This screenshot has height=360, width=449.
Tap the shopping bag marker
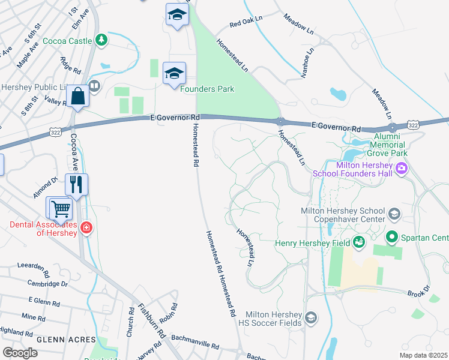[78, 96]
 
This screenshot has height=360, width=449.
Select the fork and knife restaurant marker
[76, 184]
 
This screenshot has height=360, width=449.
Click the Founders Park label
[208, 89]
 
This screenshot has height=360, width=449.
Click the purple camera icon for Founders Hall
[401, 169]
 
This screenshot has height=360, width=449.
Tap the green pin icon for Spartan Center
[392, 238]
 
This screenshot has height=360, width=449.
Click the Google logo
[20, 352]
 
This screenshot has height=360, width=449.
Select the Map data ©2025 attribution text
[424, 355]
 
